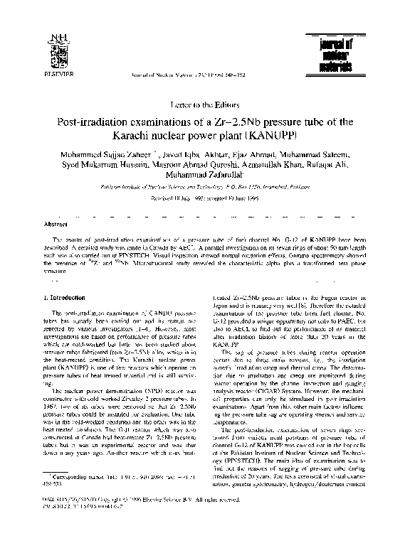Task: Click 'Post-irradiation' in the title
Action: [x=93, y=122]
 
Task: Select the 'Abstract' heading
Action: [x=56, y=223]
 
